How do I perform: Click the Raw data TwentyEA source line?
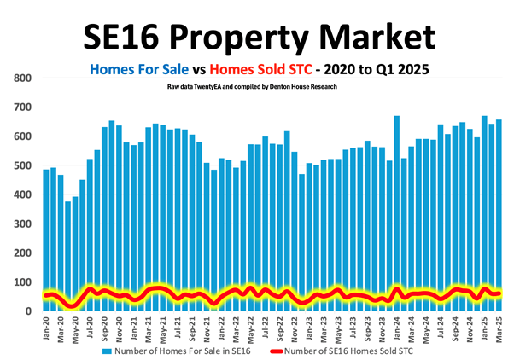pos(257,87)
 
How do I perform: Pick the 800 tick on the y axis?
pos(22,78)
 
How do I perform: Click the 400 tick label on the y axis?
pos(22,195)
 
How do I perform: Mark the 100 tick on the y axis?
pos(22,282)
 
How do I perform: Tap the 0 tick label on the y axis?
pos(28,311)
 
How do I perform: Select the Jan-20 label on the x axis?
pos(46,327)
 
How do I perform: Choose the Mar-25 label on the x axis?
pos(498,327)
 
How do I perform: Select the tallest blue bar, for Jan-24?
pos(396,205)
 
